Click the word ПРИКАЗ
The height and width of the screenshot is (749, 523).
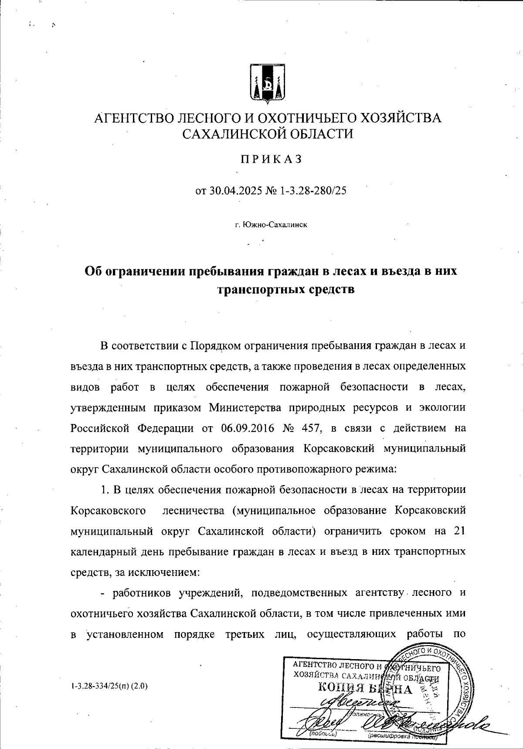pos(267,160)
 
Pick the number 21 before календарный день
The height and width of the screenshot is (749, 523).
pos(460,531)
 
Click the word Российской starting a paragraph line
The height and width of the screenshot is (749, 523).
pos(101,428)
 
